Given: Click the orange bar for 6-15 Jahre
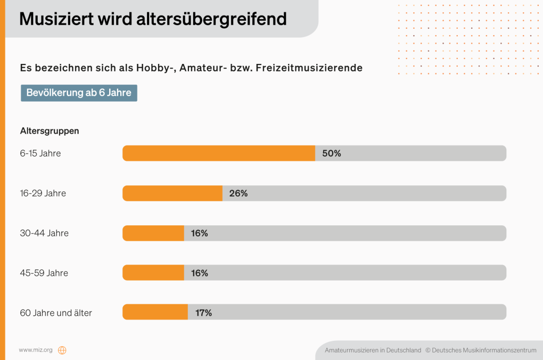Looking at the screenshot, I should click(x=218, y=153).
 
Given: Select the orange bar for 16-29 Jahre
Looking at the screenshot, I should click(x=172, y=193).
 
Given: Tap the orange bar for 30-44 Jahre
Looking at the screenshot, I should click(x=153, y=233).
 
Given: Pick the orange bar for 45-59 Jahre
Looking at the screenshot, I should click(x=153, y=273).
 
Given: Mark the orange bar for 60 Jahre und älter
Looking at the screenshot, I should click(x=155, y=313).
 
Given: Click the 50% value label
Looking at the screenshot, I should click(x=331, y=153).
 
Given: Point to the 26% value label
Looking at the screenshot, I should click(x=238, y=193).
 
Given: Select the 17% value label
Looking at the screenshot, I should click(x=203, y=313).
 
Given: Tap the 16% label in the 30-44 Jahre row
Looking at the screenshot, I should click(x=199, y=233).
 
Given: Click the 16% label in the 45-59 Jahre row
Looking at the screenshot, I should click(x=199, y=273).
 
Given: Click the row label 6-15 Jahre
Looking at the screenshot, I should click(x=40, y=153).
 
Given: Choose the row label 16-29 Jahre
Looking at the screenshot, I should click(x=43, y=193).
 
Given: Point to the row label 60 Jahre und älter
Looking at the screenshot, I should click(x=56, y=313).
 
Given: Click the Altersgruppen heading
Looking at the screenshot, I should click(x=50, y=130).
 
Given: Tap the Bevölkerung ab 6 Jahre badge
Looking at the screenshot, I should click(x=79, y=93).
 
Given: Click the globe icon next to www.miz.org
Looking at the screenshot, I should click(x=62, y=350).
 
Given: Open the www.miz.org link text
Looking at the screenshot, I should click(x=36, y=350).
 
